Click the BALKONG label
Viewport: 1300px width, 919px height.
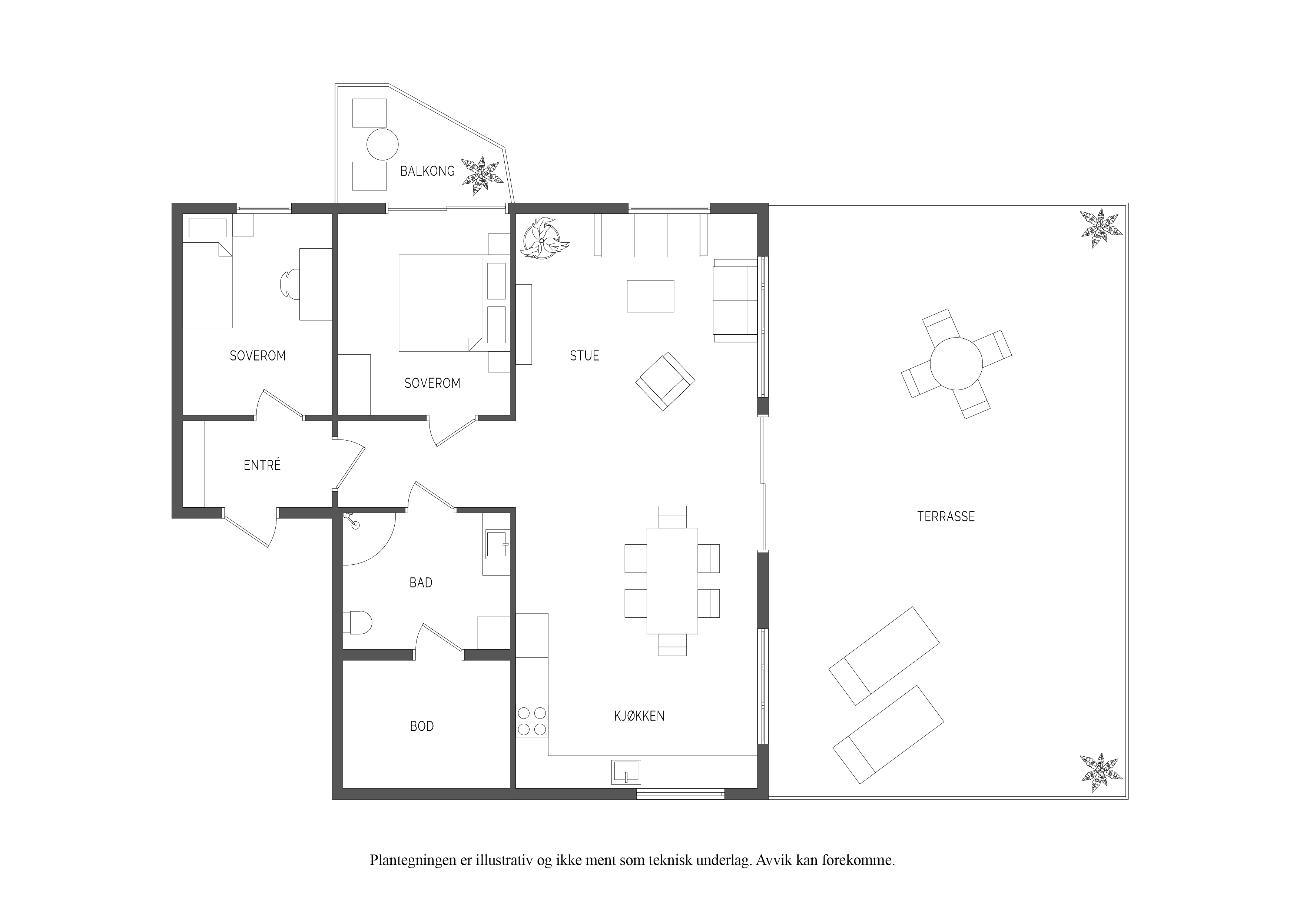pos(428,171)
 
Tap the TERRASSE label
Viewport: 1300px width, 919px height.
pos(946,517)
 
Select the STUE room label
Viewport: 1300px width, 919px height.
pos(584,356)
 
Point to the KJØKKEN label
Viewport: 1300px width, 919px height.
pos(639,716)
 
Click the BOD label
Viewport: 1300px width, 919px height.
pos(422,726)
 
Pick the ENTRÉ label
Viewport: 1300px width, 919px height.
pos(262,465)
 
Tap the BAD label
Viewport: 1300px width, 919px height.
pos(421,583)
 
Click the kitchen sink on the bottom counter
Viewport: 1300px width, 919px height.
pos(626,772)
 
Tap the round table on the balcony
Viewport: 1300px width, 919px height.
pos(383,145)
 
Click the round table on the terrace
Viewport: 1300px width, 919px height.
pos(956,364)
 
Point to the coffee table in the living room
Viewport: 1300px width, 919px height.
pos(651,296)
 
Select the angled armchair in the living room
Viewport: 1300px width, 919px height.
pos(665,381)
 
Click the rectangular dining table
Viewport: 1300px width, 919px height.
pos(672,580)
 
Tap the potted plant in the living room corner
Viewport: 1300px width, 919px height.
pos(543,239)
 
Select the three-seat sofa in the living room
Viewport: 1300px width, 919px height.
pos(651,235)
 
